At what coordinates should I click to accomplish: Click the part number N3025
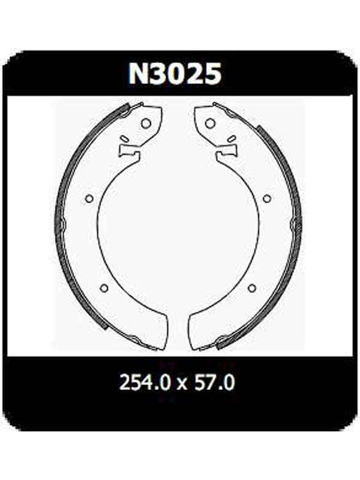(x=175, y=74)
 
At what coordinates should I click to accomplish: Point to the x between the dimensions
(x=182, y=383)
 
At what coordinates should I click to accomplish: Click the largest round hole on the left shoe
(x=146, y=124)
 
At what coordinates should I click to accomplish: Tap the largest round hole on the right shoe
(x=210, y=124)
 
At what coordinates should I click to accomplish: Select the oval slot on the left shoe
(x=125, y=139)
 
